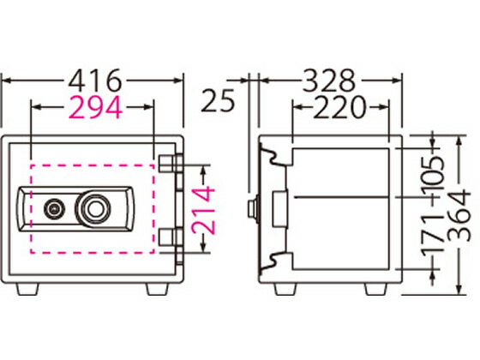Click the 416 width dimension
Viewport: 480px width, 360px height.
94,81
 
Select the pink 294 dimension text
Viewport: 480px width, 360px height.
95,107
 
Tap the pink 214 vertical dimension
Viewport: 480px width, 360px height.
203,210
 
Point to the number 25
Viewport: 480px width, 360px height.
218,100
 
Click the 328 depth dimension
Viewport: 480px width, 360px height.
329,81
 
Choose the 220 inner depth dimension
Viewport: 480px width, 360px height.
339,107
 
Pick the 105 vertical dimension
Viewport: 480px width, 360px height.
432,175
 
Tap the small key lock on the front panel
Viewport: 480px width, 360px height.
54,209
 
